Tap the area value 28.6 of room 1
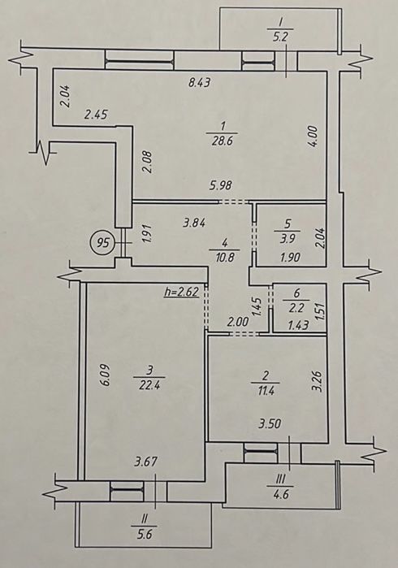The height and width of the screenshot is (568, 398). coord(223,141)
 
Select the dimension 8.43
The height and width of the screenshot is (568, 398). coord(200,83)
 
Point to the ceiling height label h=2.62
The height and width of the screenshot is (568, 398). coord(182,292)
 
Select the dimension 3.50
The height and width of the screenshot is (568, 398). coord(270,423)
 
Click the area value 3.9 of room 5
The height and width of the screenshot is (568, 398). coord(288,239)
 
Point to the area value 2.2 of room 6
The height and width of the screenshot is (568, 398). coord(296,308)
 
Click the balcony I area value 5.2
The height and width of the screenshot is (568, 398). coord(280,37)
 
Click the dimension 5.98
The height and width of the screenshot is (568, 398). coord(221,185)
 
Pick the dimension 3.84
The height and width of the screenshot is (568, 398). coord(194,223)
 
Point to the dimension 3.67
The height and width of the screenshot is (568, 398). coord(146,462)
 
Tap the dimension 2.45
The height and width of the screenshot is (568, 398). coord(96,115)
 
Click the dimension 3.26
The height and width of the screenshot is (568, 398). coord(318,383)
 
